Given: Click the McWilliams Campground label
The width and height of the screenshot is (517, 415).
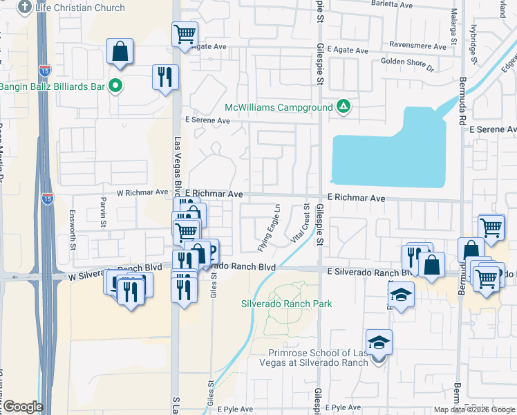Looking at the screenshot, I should pyautogui.click(x=279, y=107).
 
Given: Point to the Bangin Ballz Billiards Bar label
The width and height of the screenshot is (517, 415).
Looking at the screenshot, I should pyautogui.click(x=52, y=86).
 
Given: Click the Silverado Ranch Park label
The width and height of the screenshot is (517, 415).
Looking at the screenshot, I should pyautogui.click(x=286, y=304).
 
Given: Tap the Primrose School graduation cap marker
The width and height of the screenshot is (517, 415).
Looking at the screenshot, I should pyautogui.click(x=378, y=343).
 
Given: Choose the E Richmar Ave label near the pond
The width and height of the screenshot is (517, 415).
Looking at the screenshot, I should pyautogui.click(x=356, y=198).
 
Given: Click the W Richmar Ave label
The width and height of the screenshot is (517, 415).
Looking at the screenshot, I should pyautogui.click(x=142, y=192).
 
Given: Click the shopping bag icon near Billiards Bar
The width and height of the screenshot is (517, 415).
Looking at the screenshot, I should pyautogui.click(x=120, y=53).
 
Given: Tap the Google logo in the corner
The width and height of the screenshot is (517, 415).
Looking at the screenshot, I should pyautogui.click(x=22, y=407).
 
